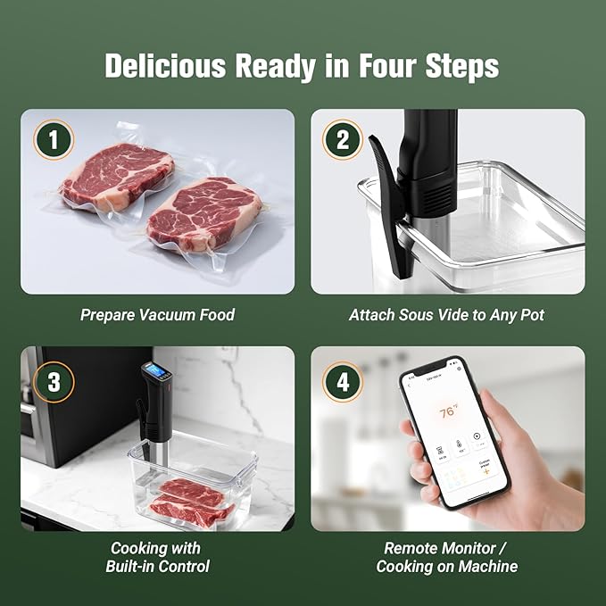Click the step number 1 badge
tap(54, 139)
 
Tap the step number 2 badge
tap(343, 139)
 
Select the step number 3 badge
tap(54, 382)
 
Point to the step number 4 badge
tap(343, 382)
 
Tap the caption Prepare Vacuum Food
tap(157, 315)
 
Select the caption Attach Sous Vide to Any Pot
tap(447, 315)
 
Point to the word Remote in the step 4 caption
tap(411, 548)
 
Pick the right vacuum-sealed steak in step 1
tap(205, 212)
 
